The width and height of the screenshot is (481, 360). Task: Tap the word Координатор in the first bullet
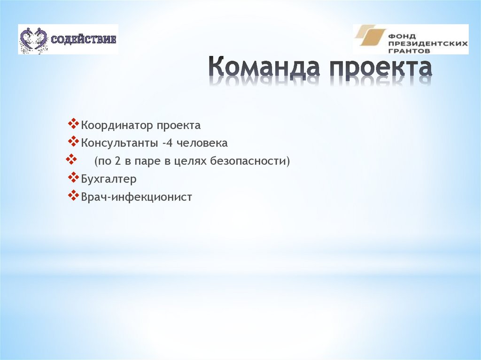(x=117, y=126)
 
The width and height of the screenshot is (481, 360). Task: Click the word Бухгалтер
(x=109, y=179)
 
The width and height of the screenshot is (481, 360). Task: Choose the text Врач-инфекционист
(x=137, y=197)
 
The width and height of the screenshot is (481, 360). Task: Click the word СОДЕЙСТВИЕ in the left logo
(x=83, y=38)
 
